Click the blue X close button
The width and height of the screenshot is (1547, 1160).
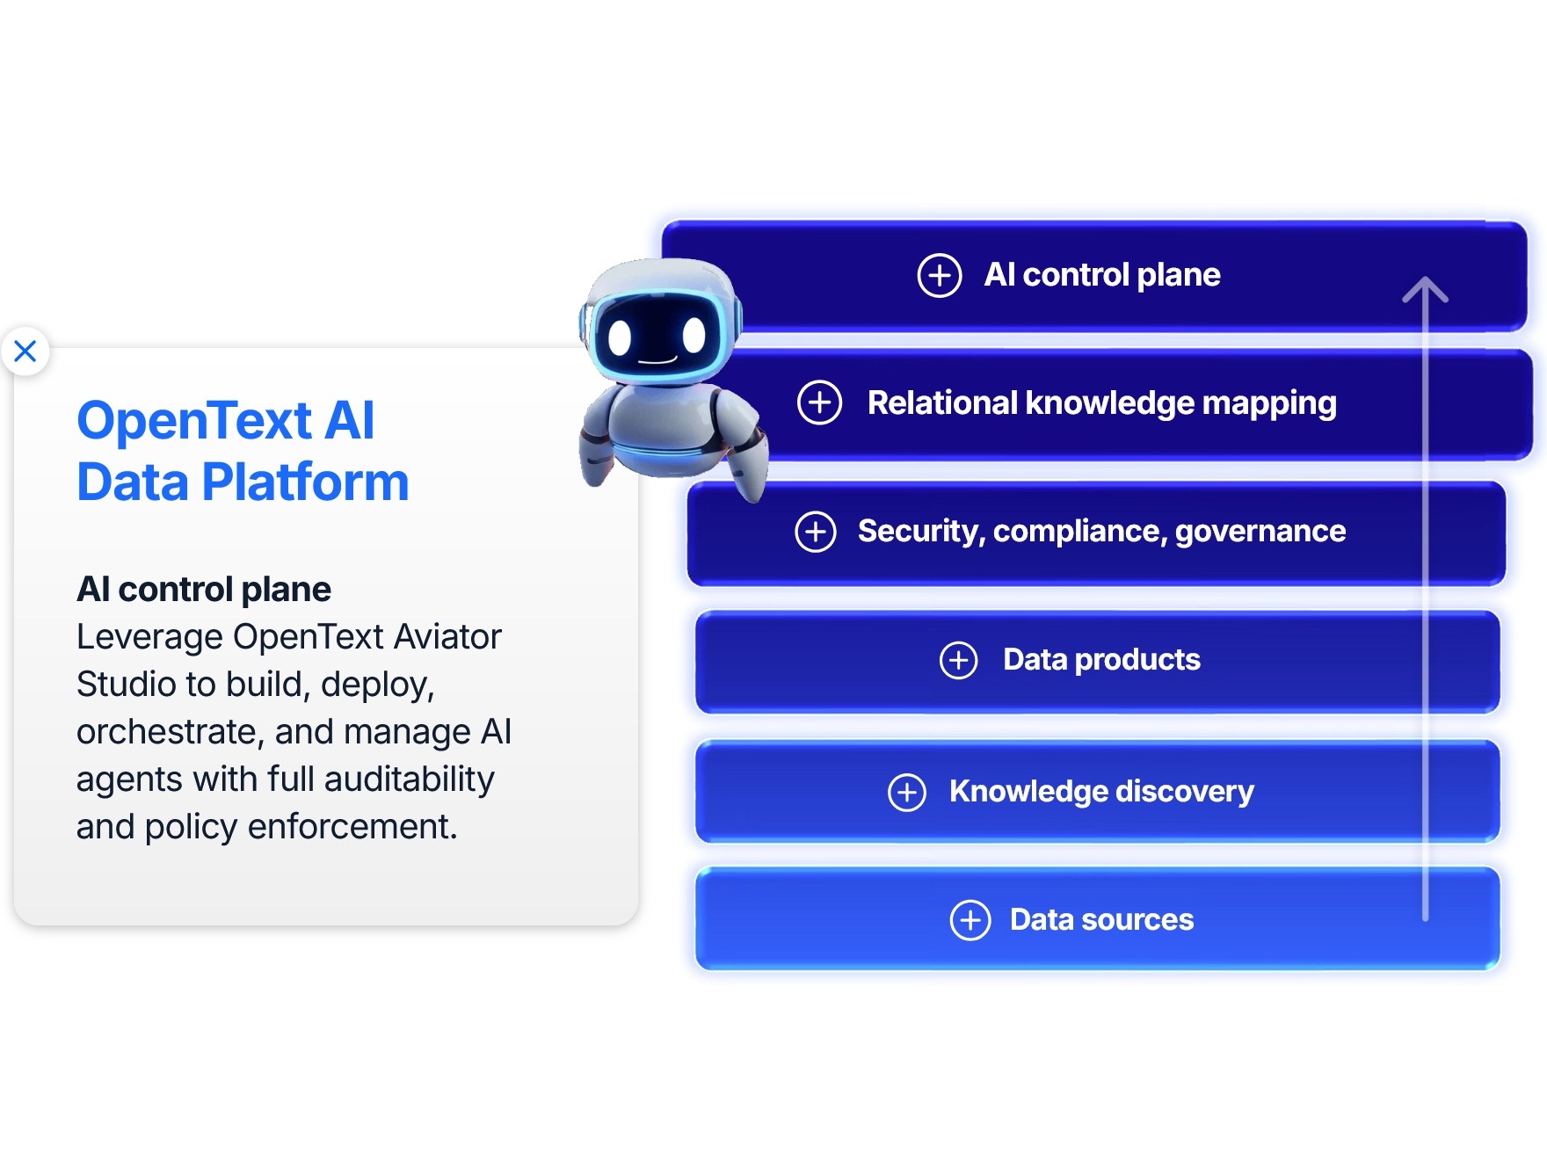(x=25, y=351)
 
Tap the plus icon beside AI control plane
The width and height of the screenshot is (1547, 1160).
(x=940, y=276)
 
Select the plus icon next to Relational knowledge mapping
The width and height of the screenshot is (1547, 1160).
(x=819, y=402)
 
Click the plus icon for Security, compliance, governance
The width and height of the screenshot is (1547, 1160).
(x=816, y=532)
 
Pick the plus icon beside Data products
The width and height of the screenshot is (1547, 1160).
(x=958, y=660)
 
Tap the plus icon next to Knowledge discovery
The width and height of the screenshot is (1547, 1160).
(x=907, y=793)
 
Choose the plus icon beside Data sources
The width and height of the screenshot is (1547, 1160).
(x=970, y=920)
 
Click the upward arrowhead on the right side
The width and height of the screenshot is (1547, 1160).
(x=1425, y=290)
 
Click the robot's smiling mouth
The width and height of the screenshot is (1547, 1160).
(x=657, y=360)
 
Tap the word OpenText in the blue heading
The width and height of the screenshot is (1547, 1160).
(x=194, y=420)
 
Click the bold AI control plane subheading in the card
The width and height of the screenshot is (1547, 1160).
(x=204, y=589)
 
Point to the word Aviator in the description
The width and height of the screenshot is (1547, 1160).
(x=447, y=636)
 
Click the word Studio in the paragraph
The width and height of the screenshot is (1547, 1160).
(x=126, y=684)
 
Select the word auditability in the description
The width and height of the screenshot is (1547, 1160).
(x=410, y=779)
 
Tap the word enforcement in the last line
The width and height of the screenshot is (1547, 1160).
(x=352, y=826)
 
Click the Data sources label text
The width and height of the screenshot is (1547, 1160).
(x=1101, y=919)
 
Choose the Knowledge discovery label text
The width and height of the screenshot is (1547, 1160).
(x=1101, y=792)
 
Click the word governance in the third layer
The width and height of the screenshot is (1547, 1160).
(x=1260, y=532)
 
